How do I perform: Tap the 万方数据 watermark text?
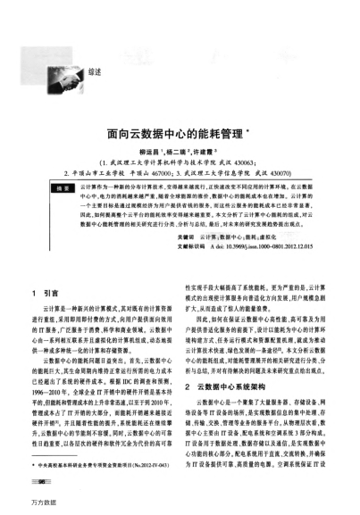(18, 507)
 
